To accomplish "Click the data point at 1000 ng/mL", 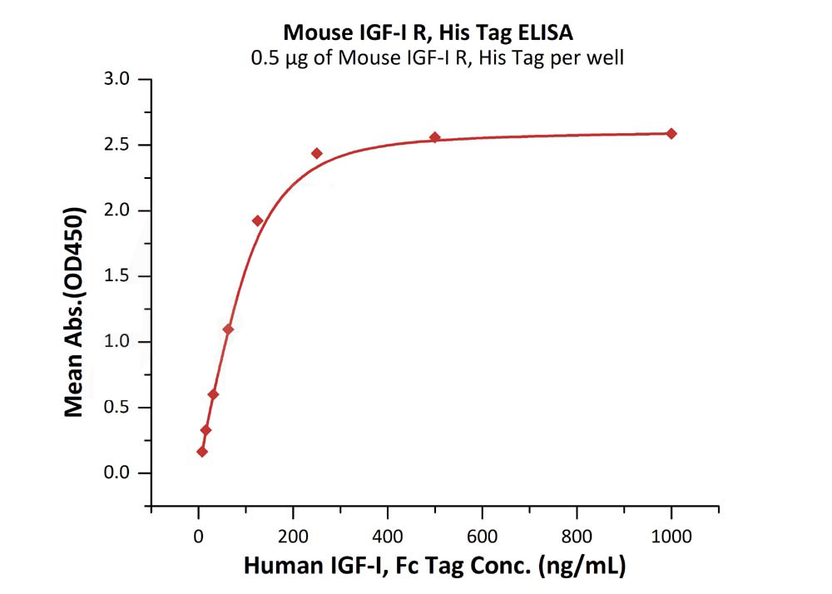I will tap(671, 133).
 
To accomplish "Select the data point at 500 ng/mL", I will tap(434, 137).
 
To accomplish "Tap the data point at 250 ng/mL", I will tap(316, 153).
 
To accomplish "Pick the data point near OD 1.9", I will tap(257, 220).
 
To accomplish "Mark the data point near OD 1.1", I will tap(228, 329).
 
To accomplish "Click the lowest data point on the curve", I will tap(201, 452).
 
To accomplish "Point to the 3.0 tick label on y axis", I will tap(117, 80).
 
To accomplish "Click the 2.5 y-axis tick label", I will tap(117, 146).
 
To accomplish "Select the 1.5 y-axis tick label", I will tap(117, 276).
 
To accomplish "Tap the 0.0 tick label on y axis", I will tap(117, 473).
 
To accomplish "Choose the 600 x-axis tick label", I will tap(482, 534).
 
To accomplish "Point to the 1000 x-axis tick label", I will tap(671, 534).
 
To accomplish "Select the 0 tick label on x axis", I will tap(198, 534).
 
